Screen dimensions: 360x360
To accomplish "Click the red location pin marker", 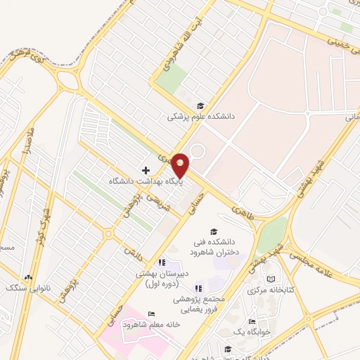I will click(x=181, y=164).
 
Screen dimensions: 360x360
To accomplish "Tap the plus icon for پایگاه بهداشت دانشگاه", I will click(x=146, y=170).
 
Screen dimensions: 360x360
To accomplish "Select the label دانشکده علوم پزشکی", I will click(x=192, y=117).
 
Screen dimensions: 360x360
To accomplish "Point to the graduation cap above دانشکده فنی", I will click(x=214, y=231).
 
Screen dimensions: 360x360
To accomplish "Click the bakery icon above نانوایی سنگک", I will click(x=28, y=277).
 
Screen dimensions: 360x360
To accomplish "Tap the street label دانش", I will click(x=128, y=251).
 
